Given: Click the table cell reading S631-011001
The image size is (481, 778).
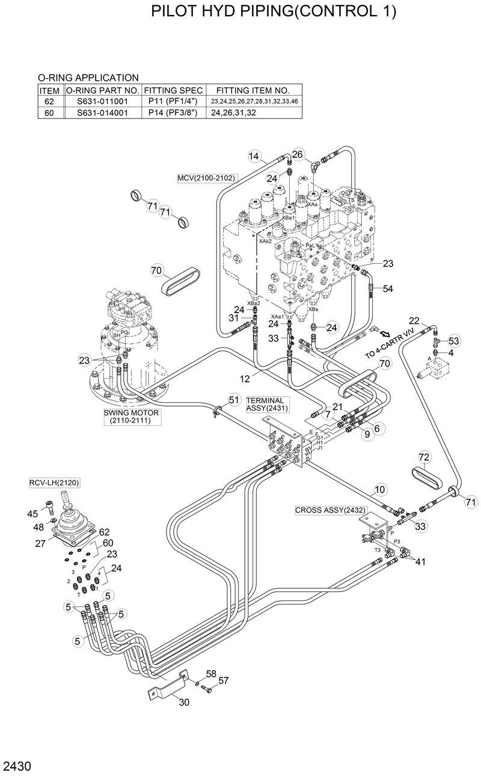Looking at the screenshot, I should point(102,101).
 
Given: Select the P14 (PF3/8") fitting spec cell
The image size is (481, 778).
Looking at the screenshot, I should point(173,112).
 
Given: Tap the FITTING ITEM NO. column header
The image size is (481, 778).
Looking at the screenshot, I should point(253,90).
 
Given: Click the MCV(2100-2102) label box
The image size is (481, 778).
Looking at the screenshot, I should point(206,178).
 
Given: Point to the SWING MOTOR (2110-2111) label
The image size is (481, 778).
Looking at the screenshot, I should point(130,417).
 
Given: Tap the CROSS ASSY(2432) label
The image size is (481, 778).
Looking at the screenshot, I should point(330,509).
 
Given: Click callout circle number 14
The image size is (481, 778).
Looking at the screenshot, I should point(254,157).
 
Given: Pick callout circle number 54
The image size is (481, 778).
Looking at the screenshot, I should point(388,289).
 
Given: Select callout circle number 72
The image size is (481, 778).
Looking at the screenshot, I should point(424,458).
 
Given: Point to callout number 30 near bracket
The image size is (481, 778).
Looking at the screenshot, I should point(184,702).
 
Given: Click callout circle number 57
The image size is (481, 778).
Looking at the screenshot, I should point(223,680).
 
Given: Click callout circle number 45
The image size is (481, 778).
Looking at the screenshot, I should point(33,513).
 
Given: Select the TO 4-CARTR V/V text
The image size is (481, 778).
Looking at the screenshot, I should point(391,345).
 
